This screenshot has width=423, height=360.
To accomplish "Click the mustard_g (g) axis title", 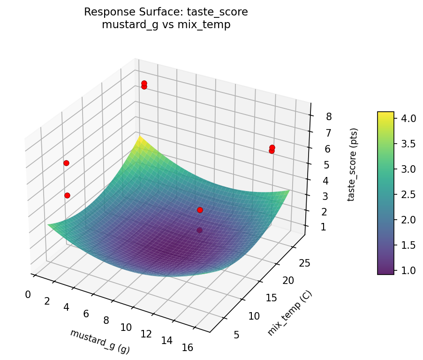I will point(99,341).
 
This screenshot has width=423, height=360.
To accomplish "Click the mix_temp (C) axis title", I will point(289,313).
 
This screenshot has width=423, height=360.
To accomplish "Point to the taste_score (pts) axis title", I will point(355,164).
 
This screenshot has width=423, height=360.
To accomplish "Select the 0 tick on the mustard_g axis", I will point(28,294).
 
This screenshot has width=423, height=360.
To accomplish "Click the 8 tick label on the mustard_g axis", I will point(106,321).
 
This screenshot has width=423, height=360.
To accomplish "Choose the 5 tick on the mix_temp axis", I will point(236,334).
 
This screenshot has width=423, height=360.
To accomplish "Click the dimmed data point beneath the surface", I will point(200,230).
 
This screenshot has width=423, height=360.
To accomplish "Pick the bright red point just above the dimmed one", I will point(200,210).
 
